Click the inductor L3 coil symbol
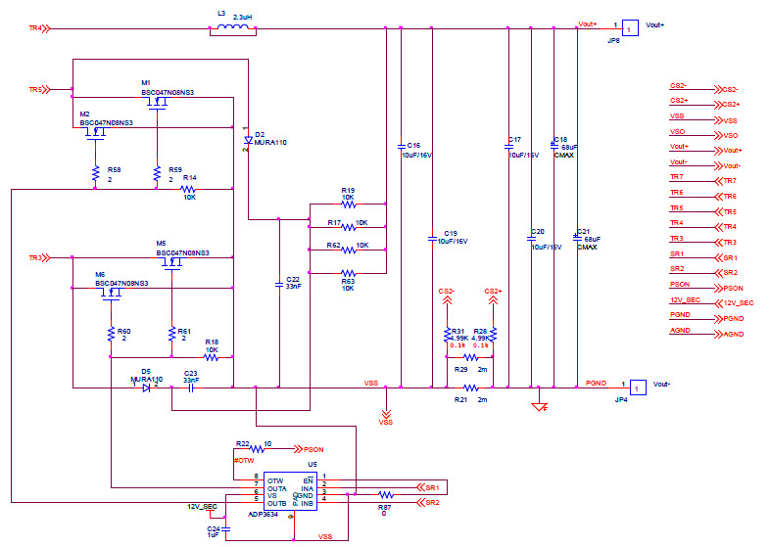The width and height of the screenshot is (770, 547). coord(232,29)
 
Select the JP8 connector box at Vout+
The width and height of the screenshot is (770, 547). coord(632,28)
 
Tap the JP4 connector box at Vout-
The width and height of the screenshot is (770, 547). coord(637,388)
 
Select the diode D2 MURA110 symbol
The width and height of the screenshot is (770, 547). coord(247,141)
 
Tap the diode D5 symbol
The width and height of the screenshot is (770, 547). coord(146,387)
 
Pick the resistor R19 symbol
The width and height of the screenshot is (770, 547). coord(348,205)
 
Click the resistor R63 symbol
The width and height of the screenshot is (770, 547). coord(348,273)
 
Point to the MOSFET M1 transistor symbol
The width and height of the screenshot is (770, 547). coord(155,102)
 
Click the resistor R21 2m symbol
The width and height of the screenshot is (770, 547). coord(471,388)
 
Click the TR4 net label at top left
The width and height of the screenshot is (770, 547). coord(36,28)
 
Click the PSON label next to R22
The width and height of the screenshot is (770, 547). coord(313,450)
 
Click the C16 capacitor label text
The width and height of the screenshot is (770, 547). coord(412,145)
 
